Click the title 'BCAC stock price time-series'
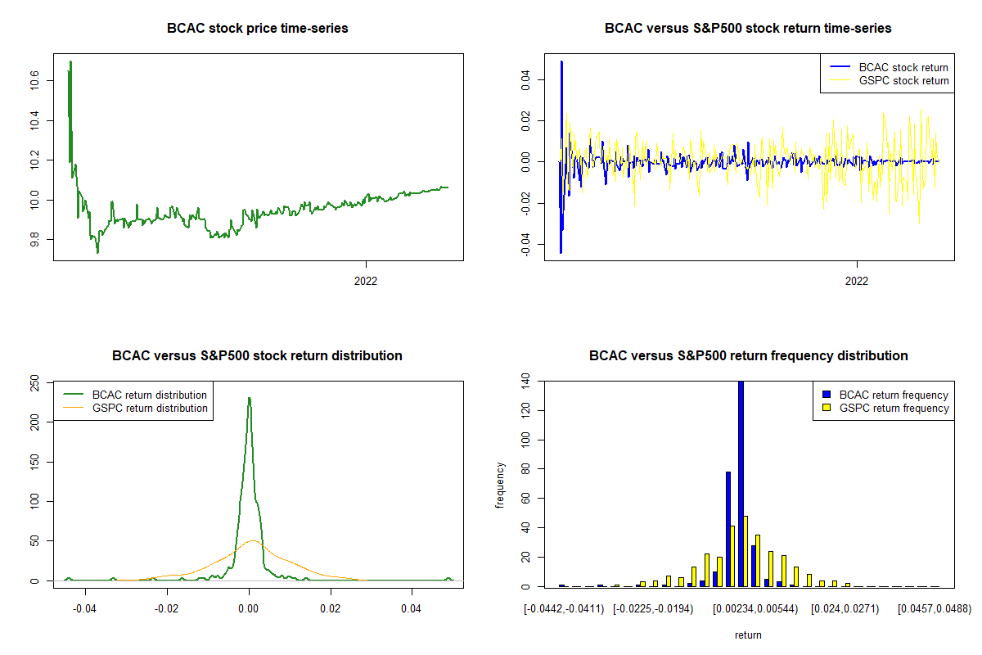(258, 29)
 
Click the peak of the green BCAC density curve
(249, 399)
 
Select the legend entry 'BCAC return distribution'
(150, 395)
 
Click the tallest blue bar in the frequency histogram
(741, 483)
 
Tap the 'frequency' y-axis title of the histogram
(501, 486)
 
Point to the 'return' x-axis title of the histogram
(748, 635)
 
